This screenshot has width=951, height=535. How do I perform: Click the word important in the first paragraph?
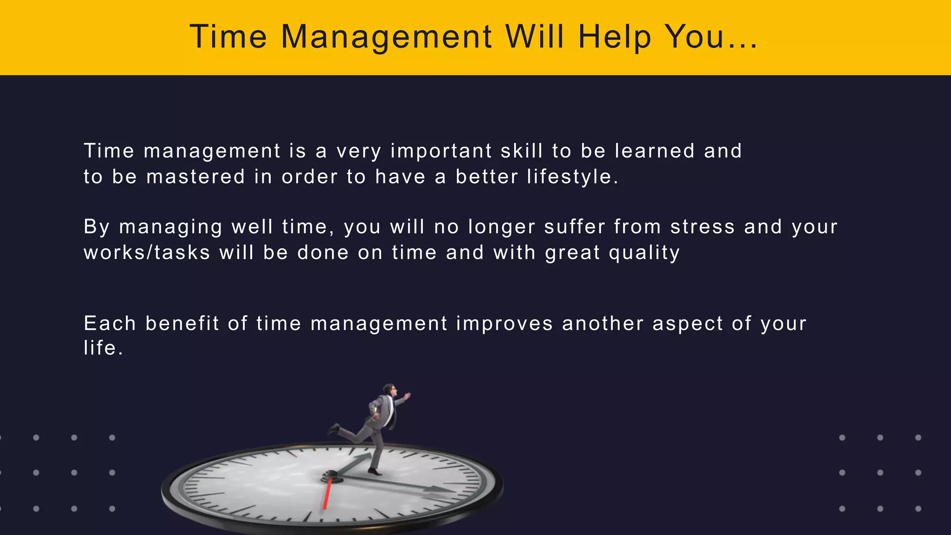441,151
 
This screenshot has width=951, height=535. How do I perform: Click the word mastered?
195,177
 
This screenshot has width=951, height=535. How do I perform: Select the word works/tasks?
147,253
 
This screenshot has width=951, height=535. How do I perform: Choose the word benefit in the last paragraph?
182,323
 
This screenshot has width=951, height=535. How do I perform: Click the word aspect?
688,324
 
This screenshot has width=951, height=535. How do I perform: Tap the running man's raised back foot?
333,429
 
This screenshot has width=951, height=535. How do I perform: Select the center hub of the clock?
330,476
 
